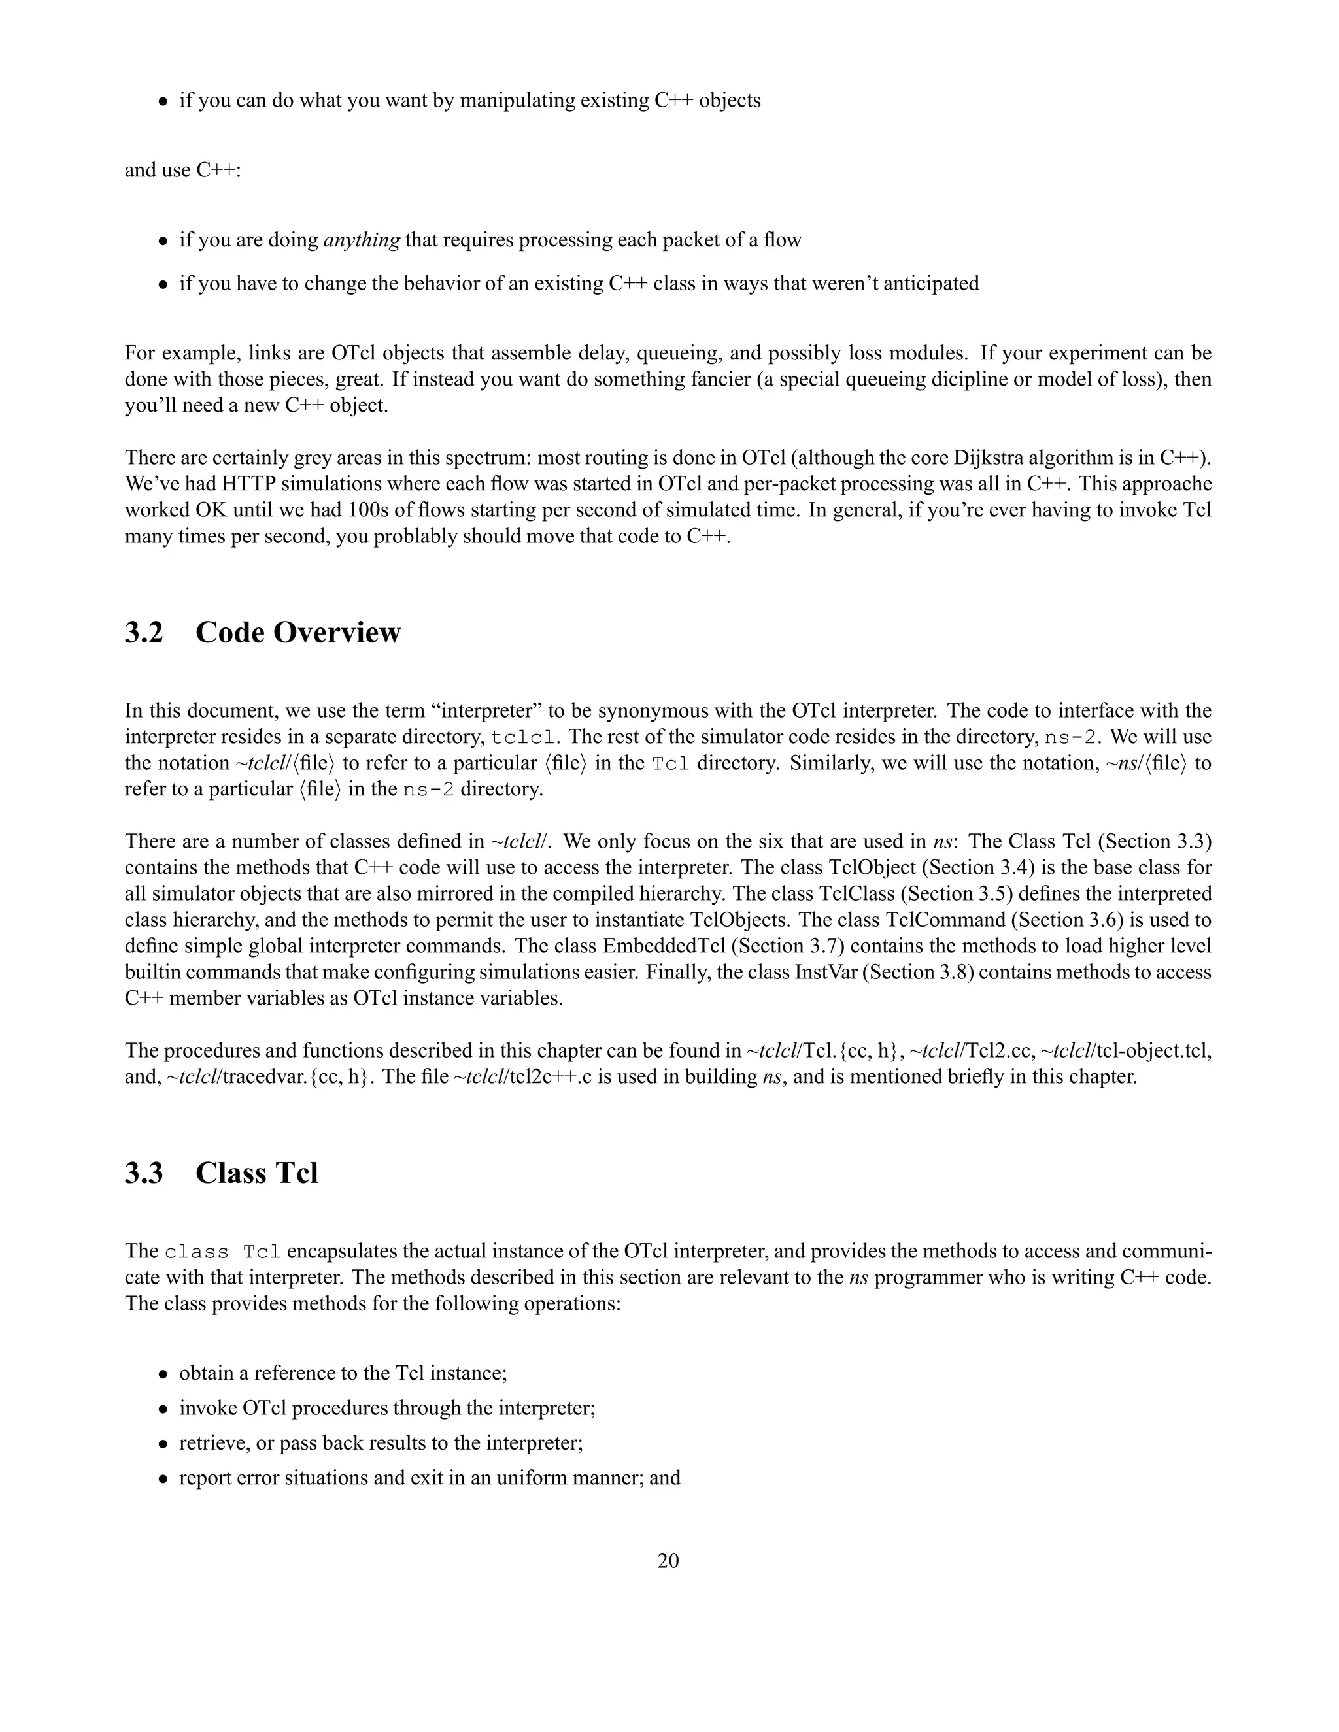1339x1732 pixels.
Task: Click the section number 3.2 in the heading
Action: [x=144, y=632]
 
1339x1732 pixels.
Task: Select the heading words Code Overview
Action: [x=297, y=632]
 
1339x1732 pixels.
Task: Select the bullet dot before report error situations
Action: [x=163, y=1479]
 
